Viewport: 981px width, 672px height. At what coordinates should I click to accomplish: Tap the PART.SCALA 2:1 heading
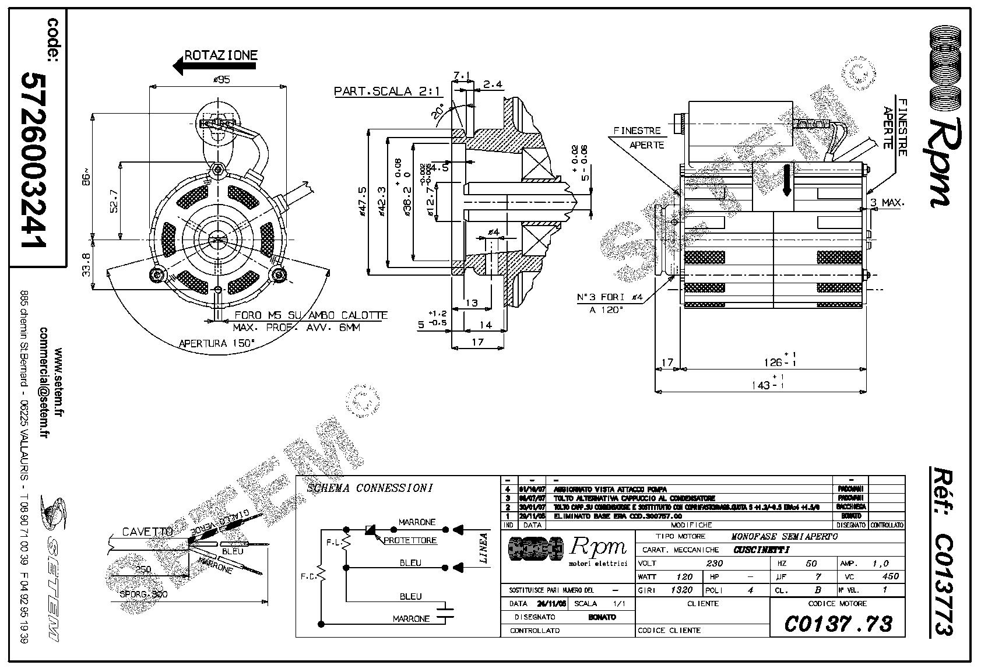click(x=388, y=92)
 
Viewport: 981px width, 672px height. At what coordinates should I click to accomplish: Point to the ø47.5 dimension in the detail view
click(x=362, y=202)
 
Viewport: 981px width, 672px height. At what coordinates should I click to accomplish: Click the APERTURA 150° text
click(x=217, y=343)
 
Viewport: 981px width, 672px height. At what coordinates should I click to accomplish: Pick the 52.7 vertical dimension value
click(x=114, y=200)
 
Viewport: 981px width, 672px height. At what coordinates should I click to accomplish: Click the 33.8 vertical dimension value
click(x=86, y=264)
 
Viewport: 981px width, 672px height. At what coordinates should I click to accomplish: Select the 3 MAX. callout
click(x=887, y=203)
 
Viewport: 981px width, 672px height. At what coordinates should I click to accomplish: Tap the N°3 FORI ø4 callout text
click(x=609, y=297)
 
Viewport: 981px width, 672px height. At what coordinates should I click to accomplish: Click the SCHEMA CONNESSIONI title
click(x=370, y=488)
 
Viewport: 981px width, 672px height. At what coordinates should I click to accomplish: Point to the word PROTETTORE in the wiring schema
click(x=410, y=540)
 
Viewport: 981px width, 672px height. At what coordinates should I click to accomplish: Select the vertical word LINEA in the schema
click(x=483, y=548)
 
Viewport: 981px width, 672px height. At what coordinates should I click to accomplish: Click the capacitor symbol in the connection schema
click(x=446, y=611)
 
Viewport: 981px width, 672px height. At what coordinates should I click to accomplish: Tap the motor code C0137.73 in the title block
click(x=838, y=624)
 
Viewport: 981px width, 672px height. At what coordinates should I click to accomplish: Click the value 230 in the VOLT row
click(x=714, y=563)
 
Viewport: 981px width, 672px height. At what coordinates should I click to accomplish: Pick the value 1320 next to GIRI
click(x=681, y=590)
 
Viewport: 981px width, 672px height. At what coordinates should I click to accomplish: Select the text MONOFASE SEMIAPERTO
click(x=784, y=536)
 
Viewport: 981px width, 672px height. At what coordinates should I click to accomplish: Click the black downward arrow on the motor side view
click(x=786, y=180)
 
